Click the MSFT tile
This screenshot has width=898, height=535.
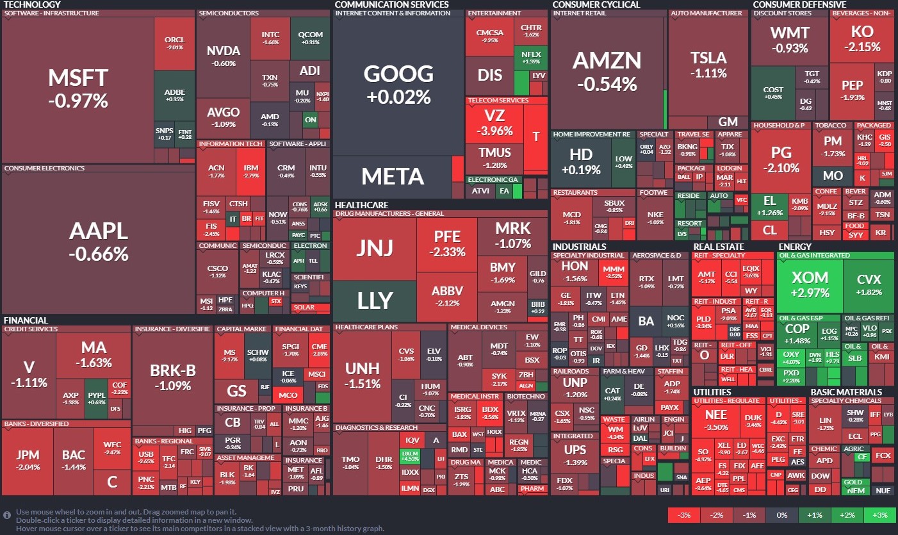tap(78, 88)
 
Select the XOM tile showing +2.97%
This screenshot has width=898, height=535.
tap(810, 284)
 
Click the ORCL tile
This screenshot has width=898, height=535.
tap(174, 43)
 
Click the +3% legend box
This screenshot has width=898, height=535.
tap(879, 515)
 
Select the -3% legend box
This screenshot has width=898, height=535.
tap(683, 515)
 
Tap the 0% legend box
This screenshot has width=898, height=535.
tap(781, 515)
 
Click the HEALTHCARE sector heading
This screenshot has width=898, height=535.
tap(361, 205)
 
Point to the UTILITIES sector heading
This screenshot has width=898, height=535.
tap(711, 392)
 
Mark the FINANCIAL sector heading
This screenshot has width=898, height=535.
tap(26, 320)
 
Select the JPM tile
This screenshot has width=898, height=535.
tap(28, 460)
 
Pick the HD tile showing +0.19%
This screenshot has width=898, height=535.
tap(581, 161)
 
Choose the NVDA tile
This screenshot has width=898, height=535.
tap(223, 56)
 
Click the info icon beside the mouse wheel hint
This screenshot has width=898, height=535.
tap(7, 514)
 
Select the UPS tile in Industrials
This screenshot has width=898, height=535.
tap(575, 455)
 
